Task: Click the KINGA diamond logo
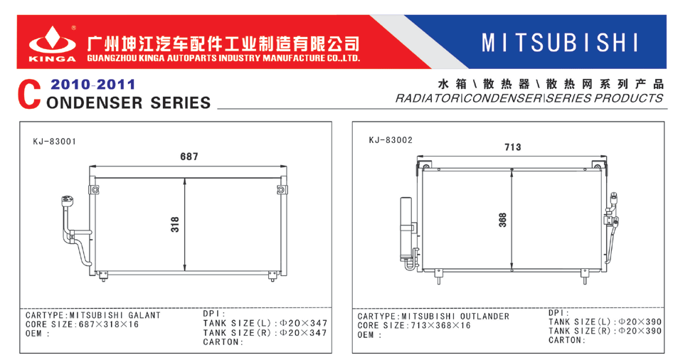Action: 52,41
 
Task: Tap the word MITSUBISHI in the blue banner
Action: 560,43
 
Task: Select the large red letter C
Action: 29,95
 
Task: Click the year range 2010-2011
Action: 92,84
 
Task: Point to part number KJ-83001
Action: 55,141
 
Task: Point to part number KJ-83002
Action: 391,140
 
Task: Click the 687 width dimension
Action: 189,157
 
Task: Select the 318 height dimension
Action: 175,224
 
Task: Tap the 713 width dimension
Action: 513,147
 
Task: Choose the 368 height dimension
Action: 503,220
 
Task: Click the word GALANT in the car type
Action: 144,315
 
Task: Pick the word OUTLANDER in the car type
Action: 485,317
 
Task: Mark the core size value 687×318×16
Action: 108,324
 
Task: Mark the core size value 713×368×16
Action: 440,326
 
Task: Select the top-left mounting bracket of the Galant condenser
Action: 95,190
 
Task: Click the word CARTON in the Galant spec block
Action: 220,342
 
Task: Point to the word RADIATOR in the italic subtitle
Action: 427,98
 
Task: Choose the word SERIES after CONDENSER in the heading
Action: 180,103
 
